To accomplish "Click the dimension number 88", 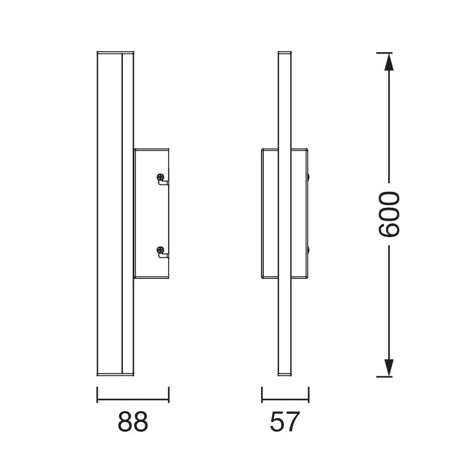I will tap(133, 422).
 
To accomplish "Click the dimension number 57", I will tap(285, 422).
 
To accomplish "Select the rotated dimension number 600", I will tap(389, 214).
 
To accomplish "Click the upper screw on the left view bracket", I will tap(160, 177).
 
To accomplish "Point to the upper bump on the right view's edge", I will tap(309, 177).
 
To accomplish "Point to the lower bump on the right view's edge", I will tap(309, 250).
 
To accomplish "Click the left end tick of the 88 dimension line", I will tap(97, 395).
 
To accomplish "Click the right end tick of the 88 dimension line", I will tap(169, 395).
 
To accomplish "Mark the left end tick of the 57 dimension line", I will tap(262, 395).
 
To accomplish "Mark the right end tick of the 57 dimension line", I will tap(309, 395).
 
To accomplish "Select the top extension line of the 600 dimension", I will tap(384, 53).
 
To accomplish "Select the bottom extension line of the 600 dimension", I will tap(384, 376).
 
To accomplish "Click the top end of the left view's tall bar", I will tap(115, 53).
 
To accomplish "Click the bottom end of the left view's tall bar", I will tap(115, 375).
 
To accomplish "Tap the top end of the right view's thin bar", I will tap(285, 53).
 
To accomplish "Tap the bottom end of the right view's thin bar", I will tap(285, 375).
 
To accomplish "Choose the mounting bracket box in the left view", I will tap(151, 213).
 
